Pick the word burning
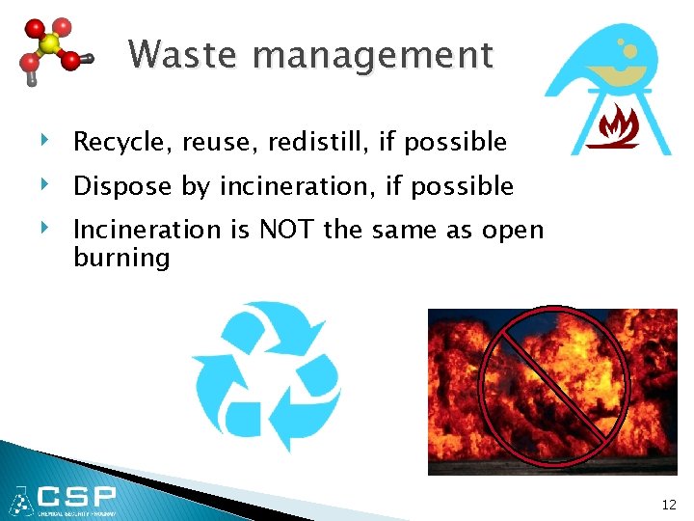(x=121, y=258)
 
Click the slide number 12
(x=669, y=505)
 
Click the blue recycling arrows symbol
(x=265, y=376)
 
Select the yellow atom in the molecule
(x=50, y=44)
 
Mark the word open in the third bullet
(x=511, y=232)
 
